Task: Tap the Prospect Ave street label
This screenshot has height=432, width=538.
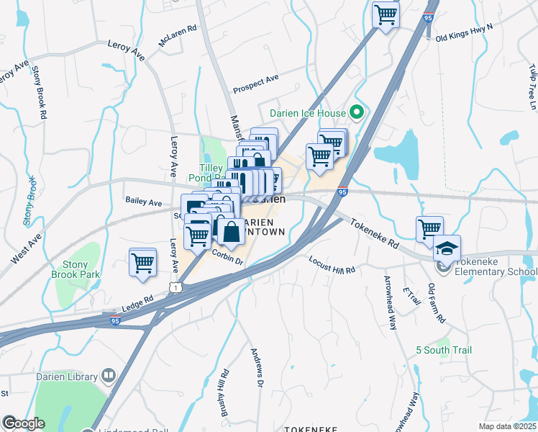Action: coord(255,84)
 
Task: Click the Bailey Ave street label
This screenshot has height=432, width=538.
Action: coord(143,203)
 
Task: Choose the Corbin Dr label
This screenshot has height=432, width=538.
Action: coord(228,258)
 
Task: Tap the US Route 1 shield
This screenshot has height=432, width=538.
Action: coord(175,287)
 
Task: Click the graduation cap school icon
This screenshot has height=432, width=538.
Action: coord(447,249)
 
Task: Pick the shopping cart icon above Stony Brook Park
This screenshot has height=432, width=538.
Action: coord(142,262)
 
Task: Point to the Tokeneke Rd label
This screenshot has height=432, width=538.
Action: coord(375,234)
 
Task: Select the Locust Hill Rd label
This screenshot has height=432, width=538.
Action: coord(332,265)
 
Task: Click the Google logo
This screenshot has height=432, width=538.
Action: coord(24,423)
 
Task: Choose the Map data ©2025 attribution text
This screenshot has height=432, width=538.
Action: coord(506,426)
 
